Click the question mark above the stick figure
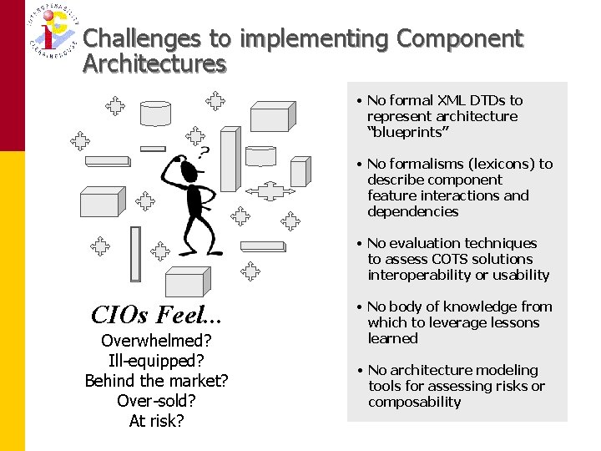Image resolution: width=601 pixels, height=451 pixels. tap(203, 152)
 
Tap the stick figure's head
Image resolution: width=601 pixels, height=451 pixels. tap(189, 172)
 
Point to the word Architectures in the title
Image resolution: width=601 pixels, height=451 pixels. tap(154, 64)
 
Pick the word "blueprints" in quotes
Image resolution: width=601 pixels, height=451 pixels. tap(408, 132)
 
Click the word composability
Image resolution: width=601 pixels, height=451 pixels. tap(414, 402)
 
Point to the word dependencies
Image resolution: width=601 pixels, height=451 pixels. tap(412, 211)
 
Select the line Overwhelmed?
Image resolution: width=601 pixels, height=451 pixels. tap(156, 341)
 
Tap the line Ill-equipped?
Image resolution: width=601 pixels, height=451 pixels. tap(156, 361)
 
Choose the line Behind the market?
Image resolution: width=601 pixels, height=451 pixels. tap(156, 381)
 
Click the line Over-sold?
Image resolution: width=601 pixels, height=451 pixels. tap(156, 401)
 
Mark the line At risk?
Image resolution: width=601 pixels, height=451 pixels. tap(156, 421)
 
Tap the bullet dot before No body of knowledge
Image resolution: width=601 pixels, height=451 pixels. tap(358, 307)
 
